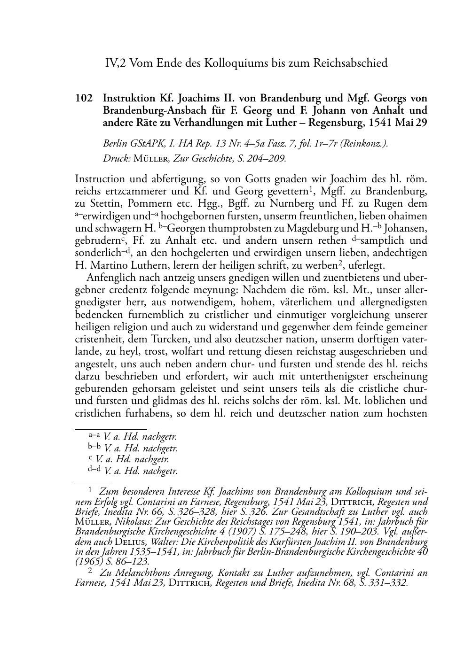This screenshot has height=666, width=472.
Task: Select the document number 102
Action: click(x=83, y=99)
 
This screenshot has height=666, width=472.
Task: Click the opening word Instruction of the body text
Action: click(x=100, y=179)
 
